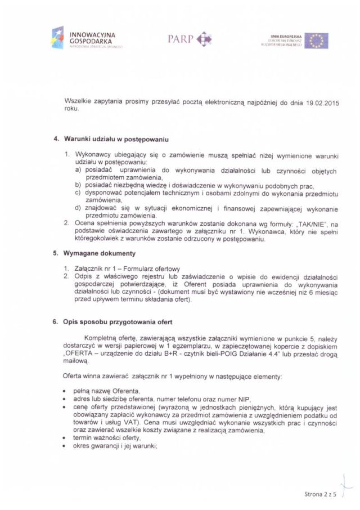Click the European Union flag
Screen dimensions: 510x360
pyautogui.click(x=317, y=41)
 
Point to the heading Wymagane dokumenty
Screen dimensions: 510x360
pyautogui.click(x=96, y=254)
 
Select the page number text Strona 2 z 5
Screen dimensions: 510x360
pyautogui.click(x=317, y=494)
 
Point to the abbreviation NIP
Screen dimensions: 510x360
pyautogui.click(x=207, y=399)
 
